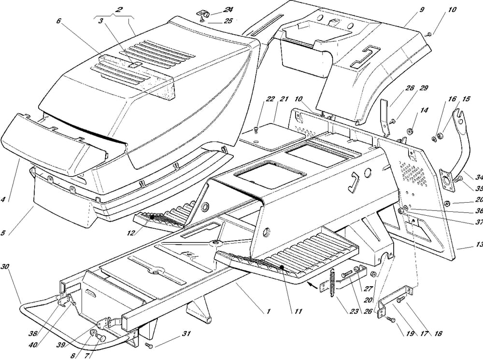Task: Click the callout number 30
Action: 5,267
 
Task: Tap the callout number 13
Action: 478,245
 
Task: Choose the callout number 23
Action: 355,312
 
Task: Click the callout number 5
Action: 3,233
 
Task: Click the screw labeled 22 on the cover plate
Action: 256,128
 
